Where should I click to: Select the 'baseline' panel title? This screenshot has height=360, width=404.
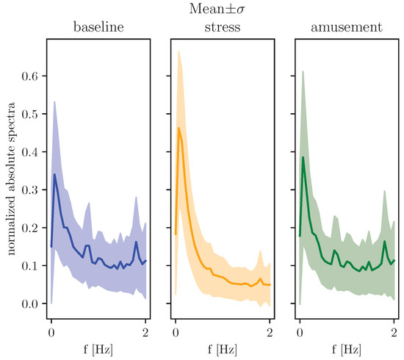[98, 29]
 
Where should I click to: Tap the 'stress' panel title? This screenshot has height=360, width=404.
[221, 29]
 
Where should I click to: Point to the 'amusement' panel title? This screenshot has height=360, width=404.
[346, 29]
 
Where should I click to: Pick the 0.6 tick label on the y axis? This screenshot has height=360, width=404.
[29, 76]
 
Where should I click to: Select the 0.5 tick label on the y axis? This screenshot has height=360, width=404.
[29, 114]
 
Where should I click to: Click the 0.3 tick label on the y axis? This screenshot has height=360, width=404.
[29, 190]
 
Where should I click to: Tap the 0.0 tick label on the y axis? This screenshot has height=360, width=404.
[29, 303]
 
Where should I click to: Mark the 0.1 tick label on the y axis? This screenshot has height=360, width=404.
[29, 265]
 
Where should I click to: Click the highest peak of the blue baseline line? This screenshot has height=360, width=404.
[54, 174]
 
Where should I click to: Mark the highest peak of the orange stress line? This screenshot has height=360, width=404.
[178, 129]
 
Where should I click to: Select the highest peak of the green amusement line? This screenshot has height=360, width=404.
[303, 157]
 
